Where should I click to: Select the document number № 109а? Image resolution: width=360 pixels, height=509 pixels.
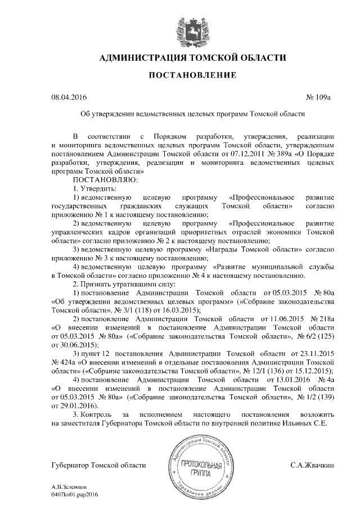point(318,97)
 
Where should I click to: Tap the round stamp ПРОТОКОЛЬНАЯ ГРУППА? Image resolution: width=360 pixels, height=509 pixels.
point(202,467)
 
